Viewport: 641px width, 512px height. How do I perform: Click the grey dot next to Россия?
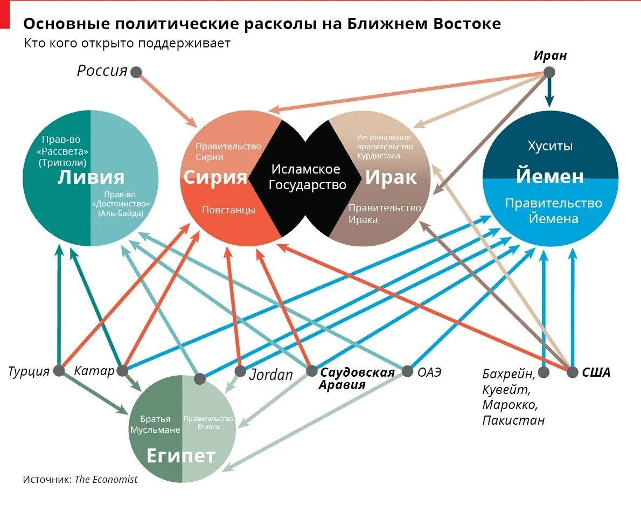coord(136,72)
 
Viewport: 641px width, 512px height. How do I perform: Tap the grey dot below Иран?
coord(549,72)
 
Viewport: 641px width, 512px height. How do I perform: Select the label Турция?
coord(29,371)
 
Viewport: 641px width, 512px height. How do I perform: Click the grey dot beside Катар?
coord(123,371)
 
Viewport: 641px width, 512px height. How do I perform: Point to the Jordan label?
coord(271,374)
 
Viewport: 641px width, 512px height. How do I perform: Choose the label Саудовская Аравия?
coord(357,378)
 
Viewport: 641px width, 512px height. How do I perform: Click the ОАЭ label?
coord(429,371)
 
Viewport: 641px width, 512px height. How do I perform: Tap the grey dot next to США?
coord(572,372)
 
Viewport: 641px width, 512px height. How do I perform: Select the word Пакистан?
coord(513,420)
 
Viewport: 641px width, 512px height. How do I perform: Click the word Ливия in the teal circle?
coord(90,177)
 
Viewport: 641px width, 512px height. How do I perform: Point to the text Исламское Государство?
coord(305,177)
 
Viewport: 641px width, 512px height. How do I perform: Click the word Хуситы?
coord(549,146)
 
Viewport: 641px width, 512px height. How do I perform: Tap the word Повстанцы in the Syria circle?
coord(228,210)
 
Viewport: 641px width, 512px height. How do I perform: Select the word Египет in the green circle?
coord(181,456)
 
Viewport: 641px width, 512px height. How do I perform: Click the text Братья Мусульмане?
coord(155,425)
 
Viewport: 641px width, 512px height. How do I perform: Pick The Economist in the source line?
coord(106,480)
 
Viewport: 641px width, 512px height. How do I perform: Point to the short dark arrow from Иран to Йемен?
coord(549,93)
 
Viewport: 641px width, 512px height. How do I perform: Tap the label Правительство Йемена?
coord(553,211)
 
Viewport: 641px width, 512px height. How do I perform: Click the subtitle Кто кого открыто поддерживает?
coord(127,44)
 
